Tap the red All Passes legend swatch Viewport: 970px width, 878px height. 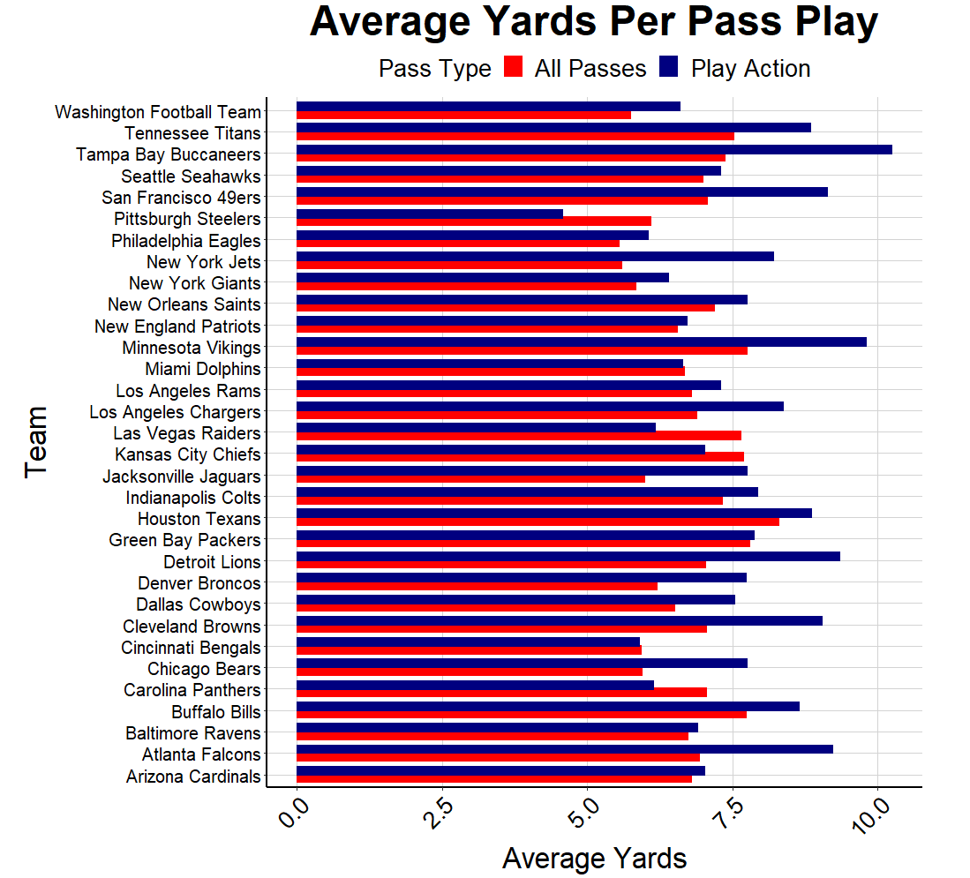click(x=514, y=68)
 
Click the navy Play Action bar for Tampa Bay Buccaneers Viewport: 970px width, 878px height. click(x=594, y=149)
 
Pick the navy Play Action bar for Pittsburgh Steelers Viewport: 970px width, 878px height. click(x=429, y=214)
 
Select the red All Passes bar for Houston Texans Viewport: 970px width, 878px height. click(x=538, y=522)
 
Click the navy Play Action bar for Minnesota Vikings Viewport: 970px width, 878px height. click(x=581, y=341)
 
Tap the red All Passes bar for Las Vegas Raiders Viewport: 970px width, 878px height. click(x=518, y=436)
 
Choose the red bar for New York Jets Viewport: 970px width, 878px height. click(x=459, y=265)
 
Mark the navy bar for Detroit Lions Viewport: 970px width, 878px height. click(x=568, y=556)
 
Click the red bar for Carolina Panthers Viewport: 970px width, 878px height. click(x=501, y=693)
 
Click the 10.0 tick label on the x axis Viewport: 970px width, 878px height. click(x=875, y=816)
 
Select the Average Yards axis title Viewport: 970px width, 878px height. click(x=594, y=858)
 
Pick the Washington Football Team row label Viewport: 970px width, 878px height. click(x=158, y=112)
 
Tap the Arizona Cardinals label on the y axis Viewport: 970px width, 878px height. click(x=193, y=777)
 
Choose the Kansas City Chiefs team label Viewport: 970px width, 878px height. click(x=188, y=454)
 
